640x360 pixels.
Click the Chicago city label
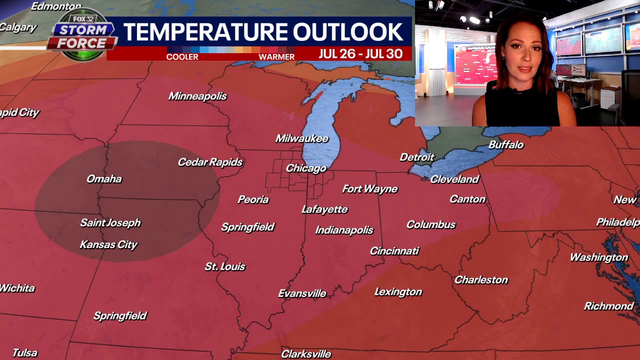pyautogui.click(x=306, y=168)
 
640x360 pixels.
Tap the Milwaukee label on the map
pyautogui.click(x=302, y=138)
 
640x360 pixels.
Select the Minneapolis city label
pyautogui.click(x=197, y=96)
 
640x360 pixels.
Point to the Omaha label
pyautogui.click(x=104, y=179)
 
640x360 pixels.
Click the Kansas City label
pyautogui.click(x=108, y=244)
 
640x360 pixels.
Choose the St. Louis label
pyautogui.click(x=225, y=266)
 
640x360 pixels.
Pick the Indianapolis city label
pyautogui.click(x=344, y=230)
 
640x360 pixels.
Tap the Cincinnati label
pyautogui.click(x=394, y=251)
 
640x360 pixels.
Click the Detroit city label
pyautogui.click(x=417, y=157)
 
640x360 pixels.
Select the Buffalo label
pyautogui.click(x=506, y=145)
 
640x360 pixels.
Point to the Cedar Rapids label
pyautogui.click(x=210, y=162)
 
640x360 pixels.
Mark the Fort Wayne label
pyautogui.click(x=369, y=189)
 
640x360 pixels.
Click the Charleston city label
pyautogui.click(x=481, y=280)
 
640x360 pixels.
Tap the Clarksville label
pyautogui.click(x=306, y=354)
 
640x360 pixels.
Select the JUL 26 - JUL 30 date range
pyautogui.click(x=360, y=54)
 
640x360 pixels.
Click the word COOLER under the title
pyautogui.click(x=182, y=57)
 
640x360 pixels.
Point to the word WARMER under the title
pyautogui.click(x=276, y=57)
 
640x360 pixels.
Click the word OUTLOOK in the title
pyautogui.click(x=348, y=32)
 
